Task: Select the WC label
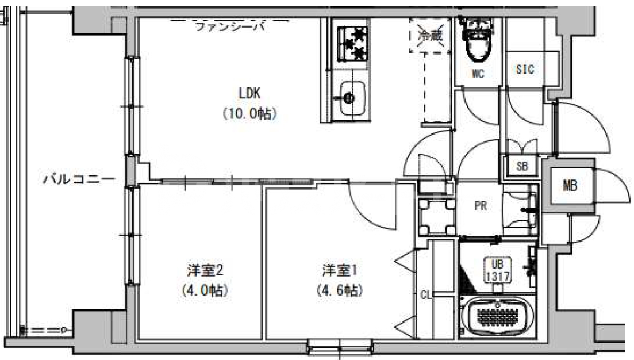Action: [x=477, y=74]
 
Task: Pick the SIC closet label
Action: [x=524, y=70]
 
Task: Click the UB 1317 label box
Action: [x=497, y=270]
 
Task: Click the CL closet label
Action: [x=425, y=295]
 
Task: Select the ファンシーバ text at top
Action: [x=230, y=26]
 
